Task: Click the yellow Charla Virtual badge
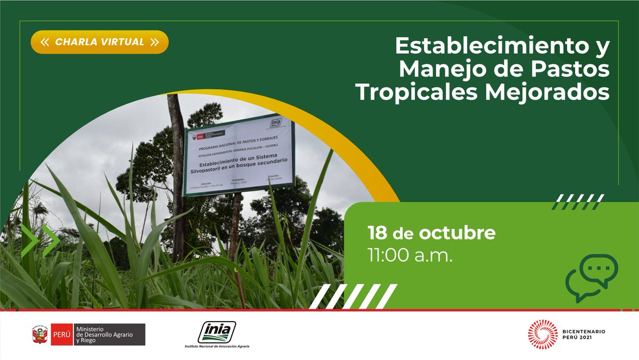click(100, 42)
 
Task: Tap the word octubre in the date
click(457, 233)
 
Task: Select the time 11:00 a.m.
click(409, 255)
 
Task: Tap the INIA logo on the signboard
click(276, 123)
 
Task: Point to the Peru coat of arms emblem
click(40, 335)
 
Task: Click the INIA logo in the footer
click(217, 332)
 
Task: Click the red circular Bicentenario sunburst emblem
click(542, 334)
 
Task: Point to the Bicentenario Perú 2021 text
click(584, 335)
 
